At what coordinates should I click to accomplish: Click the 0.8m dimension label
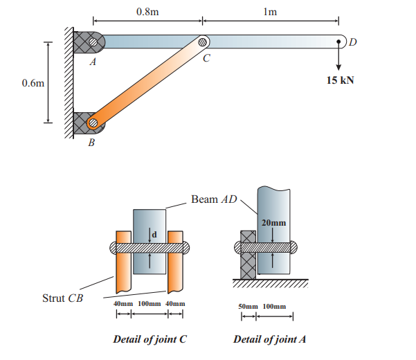147,11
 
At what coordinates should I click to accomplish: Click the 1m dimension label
271,11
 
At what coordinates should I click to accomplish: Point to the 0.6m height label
32,84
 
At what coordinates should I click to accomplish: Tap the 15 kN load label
340,80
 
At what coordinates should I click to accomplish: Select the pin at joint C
202,42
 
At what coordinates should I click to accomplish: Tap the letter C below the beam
206,60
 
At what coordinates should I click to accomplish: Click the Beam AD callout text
214,200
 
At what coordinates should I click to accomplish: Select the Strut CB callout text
64,298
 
